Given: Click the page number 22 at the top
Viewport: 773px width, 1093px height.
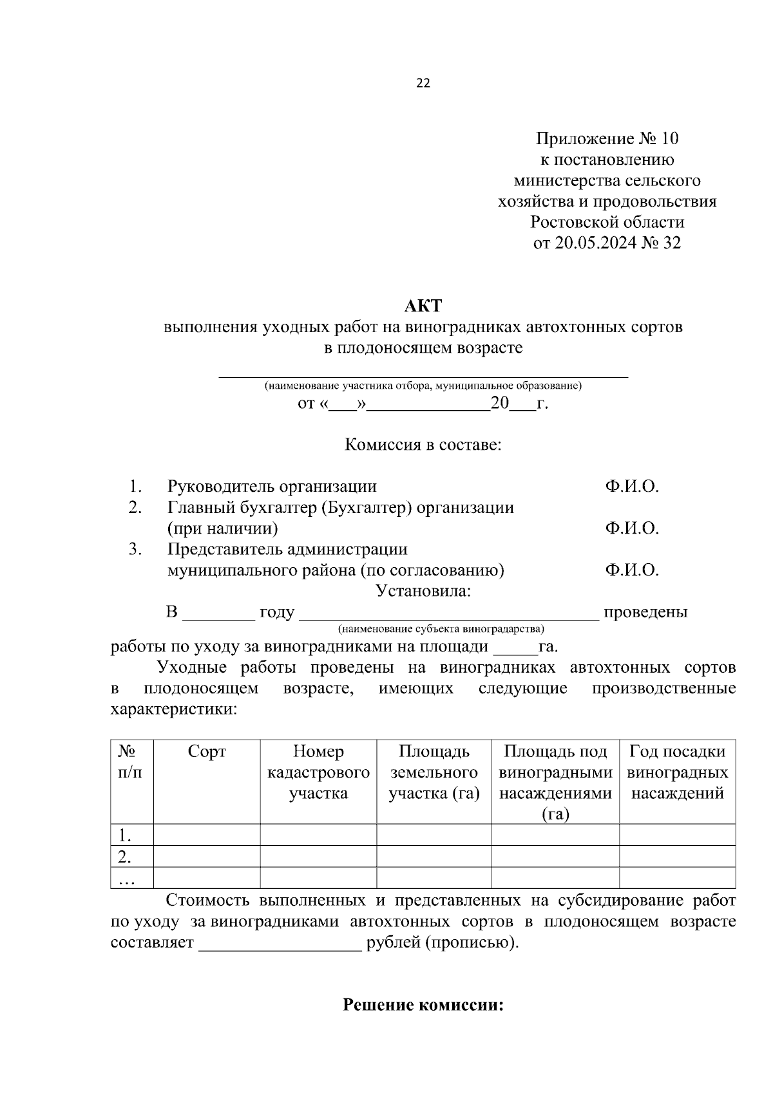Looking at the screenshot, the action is point(423,83).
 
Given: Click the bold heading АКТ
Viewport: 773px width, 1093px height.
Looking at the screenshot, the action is point(423,306).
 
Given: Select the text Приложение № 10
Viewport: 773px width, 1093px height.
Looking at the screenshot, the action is point(607,139).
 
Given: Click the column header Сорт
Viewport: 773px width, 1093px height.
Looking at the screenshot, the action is point(207,751).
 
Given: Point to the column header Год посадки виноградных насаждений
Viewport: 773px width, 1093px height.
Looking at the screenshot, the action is point(677,772).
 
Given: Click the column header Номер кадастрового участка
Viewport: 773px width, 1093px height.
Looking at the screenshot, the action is point(318,772).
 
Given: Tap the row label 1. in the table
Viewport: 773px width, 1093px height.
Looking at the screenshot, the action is point(126,836).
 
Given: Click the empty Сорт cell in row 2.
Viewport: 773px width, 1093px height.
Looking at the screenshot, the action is point(207,857).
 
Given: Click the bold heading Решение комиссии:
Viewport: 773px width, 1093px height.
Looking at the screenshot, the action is point(423,1005).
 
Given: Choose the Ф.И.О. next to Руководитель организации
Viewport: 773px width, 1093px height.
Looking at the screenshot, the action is point(631,487).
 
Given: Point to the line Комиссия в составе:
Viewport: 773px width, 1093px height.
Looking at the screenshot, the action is point(423,445).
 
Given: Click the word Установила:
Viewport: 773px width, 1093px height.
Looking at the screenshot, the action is point(423,591).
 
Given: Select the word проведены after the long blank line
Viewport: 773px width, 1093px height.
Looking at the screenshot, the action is point(645,612).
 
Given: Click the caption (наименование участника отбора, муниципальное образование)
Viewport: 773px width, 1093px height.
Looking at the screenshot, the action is point(423,386).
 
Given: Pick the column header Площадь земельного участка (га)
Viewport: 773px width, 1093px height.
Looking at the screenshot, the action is point(434,772).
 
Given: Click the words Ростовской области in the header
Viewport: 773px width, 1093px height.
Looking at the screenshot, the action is point(607,223).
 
